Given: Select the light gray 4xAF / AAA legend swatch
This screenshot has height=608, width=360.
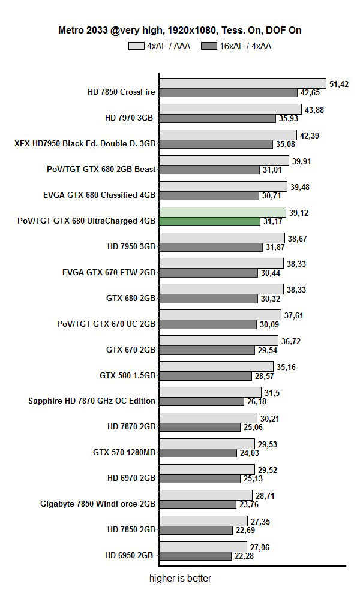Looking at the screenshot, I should click(x=136, y=46).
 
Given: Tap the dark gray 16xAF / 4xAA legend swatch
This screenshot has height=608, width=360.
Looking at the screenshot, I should click(x=209, y=46).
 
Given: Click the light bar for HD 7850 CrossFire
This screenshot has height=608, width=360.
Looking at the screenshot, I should click(x=242, y=83).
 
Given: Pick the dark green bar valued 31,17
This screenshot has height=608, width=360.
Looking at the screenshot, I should click(x=209, y=221).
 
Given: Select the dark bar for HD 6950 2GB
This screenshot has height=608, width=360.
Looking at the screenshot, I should click(x=196, y=556).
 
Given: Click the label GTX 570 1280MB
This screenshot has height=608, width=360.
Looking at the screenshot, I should click(x=124, y=453).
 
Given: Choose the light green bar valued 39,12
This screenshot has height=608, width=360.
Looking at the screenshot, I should click(x=223, y=212).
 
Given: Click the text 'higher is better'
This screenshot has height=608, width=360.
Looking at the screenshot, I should click(x=180, y=579).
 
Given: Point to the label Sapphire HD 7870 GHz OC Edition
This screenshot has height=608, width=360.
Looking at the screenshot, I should click(x=92, y=401).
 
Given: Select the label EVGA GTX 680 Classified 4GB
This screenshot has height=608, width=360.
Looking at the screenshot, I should click(x=100, y=195).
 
